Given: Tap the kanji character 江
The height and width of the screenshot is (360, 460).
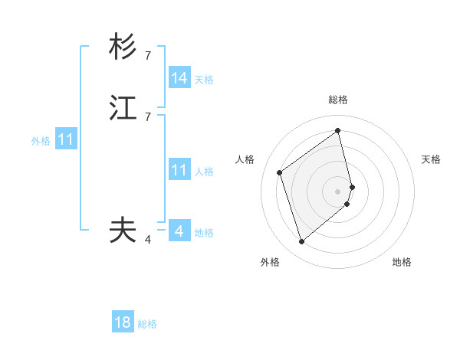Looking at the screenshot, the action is coord(123,110).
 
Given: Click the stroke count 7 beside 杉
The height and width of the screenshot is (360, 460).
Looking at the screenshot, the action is coord(148,56).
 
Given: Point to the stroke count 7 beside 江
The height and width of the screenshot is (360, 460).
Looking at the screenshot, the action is coord(148,117).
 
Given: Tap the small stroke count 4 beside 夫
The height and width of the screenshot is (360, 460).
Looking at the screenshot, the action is coord(148,240).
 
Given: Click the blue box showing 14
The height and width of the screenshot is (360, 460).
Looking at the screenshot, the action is coord(179,78).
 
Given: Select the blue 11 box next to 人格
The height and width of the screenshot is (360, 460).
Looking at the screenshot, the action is coord(179,170).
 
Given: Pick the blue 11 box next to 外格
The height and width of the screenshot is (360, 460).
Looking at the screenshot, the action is coord(66,140).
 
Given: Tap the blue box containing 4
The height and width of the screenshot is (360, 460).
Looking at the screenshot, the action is coord(179,231).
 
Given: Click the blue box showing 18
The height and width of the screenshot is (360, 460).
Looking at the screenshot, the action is coord(123,322).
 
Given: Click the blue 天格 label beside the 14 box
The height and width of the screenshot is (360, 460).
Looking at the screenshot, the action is coord(204,80).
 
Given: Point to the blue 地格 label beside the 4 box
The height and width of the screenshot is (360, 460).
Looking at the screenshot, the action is coord(204,233).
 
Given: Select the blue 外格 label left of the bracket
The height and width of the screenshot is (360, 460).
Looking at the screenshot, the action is coord(41,141).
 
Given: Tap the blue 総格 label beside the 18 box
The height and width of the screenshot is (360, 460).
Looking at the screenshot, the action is coord(147,324).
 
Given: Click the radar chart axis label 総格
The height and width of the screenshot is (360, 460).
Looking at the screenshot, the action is coord(338,100).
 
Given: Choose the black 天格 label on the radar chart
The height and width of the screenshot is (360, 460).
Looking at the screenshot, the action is coord(431,159).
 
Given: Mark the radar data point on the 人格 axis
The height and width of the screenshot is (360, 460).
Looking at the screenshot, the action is coord(280,173).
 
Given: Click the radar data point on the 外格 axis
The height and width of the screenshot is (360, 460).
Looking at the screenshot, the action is coord(301,242).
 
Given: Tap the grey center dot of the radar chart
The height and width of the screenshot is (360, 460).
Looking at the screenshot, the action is coord(338,190).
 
